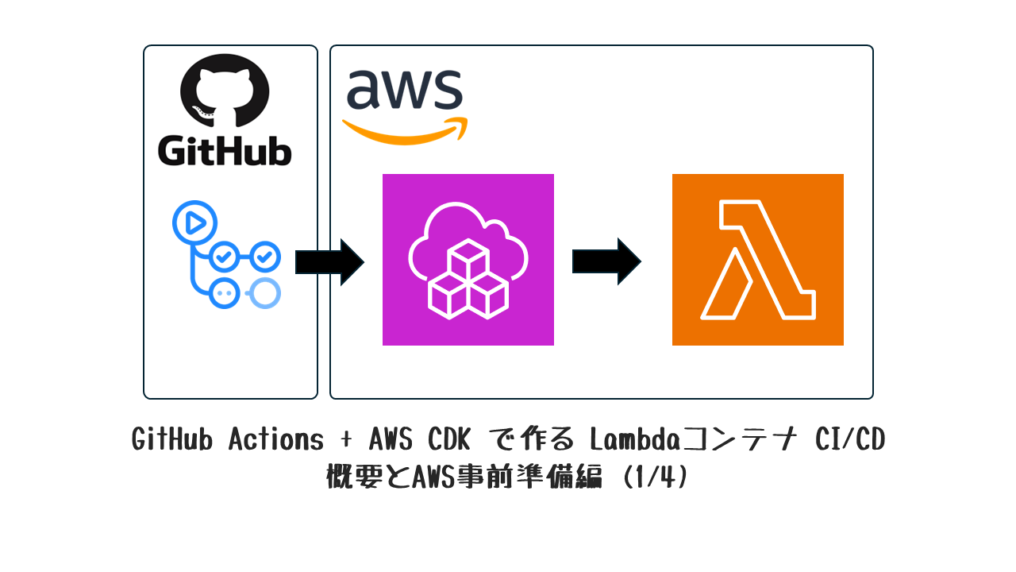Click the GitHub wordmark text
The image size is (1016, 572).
(225, 151)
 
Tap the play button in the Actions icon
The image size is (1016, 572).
(194, 223)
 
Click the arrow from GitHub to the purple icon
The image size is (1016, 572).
(329, 261)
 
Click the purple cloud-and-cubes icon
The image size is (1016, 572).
(468, 260)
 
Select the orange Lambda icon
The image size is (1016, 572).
(758, 260)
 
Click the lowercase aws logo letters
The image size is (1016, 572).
(404, 89)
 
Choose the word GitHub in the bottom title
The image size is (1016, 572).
(174, 439)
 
